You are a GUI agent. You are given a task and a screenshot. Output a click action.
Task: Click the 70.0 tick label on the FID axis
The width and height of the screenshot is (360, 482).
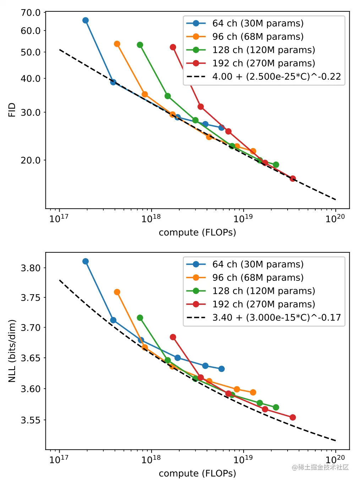point(31,13)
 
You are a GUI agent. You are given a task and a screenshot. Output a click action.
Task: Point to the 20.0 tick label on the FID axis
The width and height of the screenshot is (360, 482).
point(31,160)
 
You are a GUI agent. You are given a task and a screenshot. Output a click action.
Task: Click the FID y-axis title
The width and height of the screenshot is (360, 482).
point(12,110)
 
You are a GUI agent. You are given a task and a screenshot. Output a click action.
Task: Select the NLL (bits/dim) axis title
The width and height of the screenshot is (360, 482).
point(12,351)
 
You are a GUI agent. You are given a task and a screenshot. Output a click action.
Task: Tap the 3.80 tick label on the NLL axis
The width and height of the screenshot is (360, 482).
point(31,268)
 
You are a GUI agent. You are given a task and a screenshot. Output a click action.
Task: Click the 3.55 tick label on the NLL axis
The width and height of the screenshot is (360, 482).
point(31,420)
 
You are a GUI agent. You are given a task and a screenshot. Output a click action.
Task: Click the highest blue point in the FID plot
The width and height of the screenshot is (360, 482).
point(86,20)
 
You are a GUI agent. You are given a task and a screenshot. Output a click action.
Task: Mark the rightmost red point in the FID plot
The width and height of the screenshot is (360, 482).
point(293,179)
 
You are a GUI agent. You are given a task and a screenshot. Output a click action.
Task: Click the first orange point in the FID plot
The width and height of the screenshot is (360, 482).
point(117,44)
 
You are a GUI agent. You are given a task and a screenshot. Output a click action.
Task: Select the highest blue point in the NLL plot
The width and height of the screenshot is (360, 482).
point(86,261)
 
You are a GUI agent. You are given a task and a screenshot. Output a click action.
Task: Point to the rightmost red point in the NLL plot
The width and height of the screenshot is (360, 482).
point(293,417)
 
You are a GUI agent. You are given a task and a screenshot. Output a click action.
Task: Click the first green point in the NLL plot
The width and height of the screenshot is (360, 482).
point(140,318)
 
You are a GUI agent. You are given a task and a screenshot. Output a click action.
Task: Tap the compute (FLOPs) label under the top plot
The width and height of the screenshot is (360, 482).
point(197,232)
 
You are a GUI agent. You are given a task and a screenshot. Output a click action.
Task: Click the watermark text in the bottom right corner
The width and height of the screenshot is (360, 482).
point(320,467)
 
